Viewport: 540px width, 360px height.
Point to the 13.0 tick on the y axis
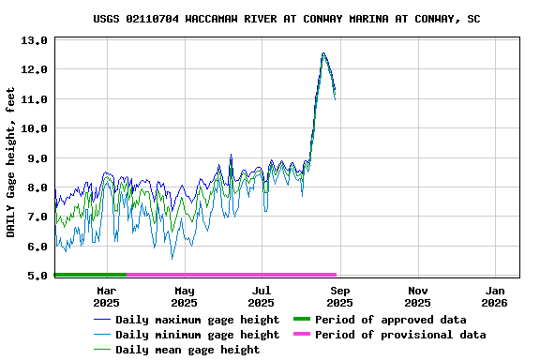[x=34, y=40]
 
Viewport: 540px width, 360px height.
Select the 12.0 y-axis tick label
[x=34, y=70]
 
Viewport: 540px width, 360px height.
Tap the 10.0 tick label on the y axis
[x=34, y=128]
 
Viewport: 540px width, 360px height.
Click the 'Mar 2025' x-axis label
[x=106, y=296]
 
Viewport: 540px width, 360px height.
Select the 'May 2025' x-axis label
[x=184, y=296]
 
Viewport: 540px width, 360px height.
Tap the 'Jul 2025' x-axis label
[x=262, y=296]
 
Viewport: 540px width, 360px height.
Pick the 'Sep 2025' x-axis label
[x=339, y=296]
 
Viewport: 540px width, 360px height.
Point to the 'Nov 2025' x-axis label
[x=417, y=296]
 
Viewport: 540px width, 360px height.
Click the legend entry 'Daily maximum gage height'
[x=197, y=320]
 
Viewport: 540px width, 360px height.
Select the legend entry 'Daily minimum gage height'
[x=197, y=335]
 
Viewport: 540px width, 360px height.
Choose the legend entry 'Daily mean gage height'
[x=187, y=350]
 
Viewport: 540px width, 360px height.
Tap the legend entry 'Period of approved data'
[x=390, y=320]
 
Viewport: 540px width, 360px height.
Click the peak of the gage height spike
[x=323, y=53]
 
